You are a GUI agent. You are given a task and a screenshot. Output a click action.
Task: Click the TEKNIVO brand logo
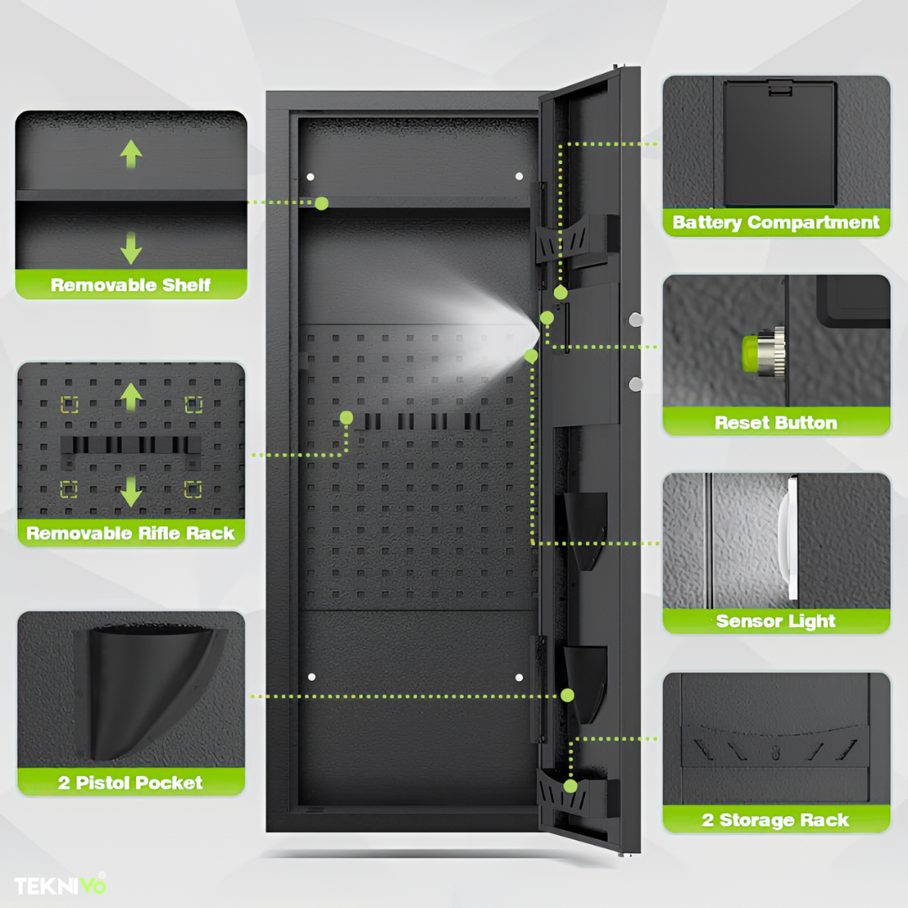coord(60,884)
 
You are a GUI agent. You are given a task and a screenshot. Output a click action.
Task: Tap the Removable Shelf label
coord(131,285)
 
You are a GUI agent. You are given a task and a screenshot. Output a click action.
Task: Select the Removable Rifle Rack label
coord(130,533)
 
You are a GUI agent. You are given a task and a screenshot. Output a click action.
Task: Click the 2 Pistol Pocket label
coord(130,783)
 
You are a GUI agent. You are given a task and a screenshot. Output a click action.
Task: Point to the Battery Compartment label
coord(776,223)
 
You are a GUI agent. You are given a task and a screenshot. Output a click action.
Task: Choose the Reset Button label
coord(776,423)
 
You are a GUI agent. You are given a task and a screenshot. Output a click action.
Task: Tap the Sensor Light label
coord(776,621)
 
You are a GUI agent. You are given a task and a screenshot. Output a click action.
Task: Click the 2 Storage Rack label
coord(776,821)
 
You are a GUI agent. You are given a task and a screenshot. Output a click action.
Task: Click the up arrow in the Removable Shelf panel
coord(131,153)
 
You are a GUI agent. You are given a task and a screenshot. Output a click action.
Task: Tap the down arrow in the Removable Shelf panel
coord(131,248)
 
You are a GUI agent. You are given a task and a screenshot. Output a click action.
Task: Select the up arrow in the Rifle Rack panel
coord(130,397)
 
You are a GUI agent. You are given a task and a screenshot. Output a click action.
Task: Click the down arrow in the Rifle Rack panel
coord(130,490)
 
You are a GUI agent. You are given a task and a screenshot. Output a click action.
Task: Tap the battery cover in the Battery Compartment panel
coord(779,143)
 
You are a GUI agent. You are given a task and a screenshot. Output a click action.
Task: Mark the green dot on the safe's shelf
coord(321,203)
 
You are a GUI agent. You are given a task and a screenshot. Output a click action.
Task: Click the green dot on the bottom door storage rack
coord(570,786)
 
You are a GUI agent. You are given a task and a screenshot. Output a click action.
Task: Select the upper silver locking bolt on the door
coord(636,319)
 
